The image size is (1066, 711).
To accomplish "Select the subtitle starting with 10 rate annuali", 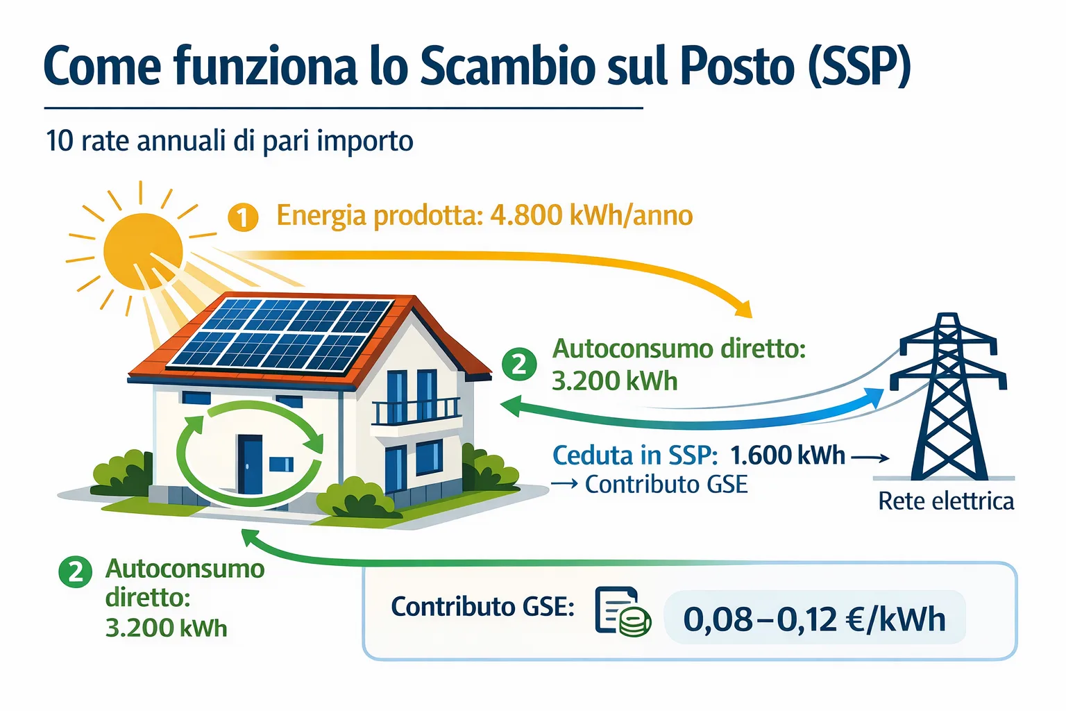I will click(x=229, y=141).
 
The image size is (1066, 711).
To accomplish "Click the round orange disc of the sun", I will click(x=143, y=251).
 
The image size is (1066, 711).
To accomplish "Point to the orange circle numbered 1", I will click(x=242, y=218).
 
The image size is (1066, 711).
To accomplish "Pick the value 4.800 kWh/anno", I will click(x=591, y=216).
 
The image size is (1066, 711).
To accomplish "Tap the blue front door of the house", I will click(x=250, y=463).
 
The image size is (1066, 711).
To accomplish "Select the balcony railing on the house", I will click(x=416, y=411).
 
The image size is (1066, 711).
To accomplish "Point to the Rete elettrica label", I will click(x=945, y=501).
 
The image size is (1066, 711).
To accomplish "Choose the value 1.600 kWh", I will click(x=788, y=455).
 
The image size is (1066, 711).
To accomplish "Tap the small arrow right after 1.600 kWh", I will click(x=870, y=458).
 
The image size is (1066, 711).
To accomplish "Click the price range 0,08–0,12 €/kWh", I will click(x=814, y=619).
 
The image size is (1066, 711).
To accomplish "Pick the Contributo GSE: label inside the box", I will click(x=482, y=607).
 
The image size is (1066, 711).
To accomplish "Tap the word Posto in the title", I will click(x=737, y=67).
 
